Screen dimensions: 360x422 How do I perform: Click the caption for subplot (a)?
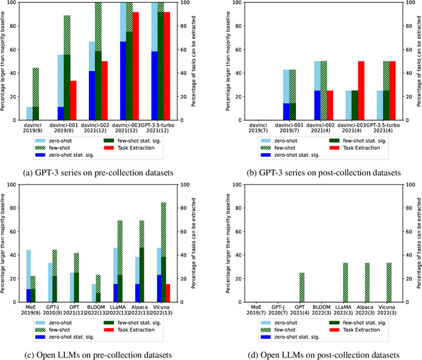[97, 172]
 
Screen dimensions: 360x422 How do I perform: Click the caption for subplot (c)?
[97, 354]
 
